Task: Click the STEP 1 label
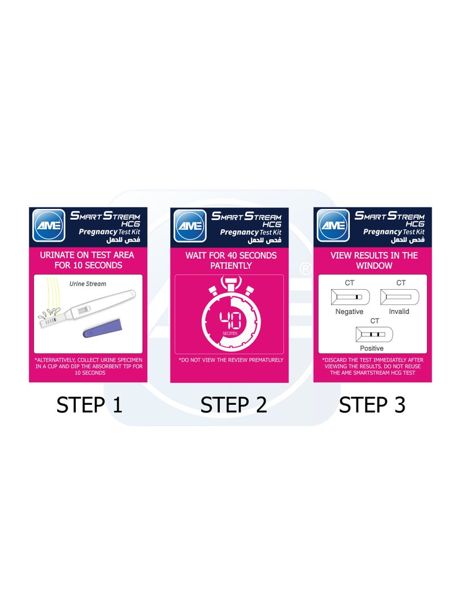89,405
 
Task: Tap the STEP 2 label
233,405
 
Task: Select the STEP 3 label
372,405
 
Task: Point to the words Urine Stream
88,284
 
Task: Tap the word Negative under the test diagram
349,312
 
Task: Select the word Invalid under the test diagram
399,312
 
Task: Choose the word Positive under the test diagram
372,348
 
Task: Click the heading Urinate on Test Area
88,260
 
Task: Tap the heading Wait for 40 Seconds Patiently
231,260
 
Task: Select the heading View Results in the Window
374,260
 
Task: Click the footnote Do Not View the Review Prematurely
231,360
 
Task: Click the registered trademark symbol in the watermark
305,269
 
